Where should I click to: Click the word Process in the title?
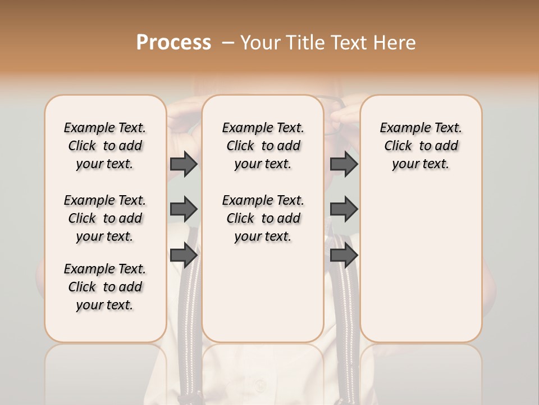(x=173, y=43)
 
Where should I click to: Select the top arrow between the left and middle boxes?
(x=184, y=164)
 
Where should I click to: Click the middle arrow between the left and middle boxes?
(x=184, y=209)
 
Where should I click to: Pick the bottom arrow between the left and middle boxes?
(x=184, y=255)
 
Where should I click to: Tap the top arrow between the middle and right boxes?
(x=344, y=164)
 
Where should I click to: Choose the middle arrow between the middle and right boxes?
(x=344, y=209)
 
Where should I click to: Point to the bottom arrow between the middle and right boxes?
(x=344, y=255)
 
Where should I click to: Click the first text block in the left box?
(x=105, y=146)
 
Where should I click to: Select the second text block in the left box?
(x=105, y=218)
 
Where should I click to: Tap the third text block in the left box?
(x=105, y=287)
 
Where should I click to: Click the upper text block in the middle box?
(x=263, y=146)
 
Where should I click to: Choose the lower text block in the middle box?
(x=263, y=218)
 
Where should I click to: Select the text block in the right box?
(x=421, y=146)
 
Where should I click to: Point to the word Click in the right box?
(x=398, y=146)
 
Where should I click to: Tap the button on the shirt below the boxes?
(x=260, y=386)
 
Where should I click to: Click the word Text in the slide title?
(x=346, y=43)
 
